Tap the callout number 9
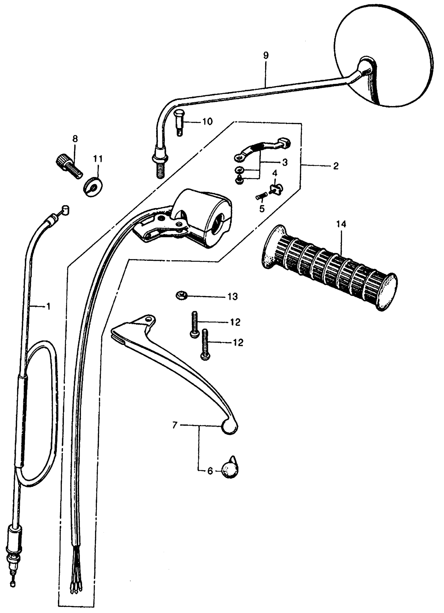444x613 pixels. (x=266, y=55)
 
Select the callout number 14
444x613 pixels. (x=341, y=224)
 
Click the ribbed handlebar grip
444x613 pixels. (x=330, y=267)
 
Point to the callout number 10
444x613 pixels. (x=208, y=122)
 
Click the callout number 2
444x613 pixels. (x=336, y=166)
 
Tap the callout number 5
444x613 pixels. (x=262, y=209)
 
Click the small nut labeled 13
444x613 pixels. (x=181, y=295)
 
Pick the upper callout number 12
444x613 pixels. (x=236, y=322)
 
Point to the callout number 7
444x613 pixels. (x=175, y=425)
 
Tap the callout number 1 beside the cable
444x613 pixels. (x=48, y=307)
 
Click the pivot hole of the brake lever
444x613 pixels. (x=148, y=319)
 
